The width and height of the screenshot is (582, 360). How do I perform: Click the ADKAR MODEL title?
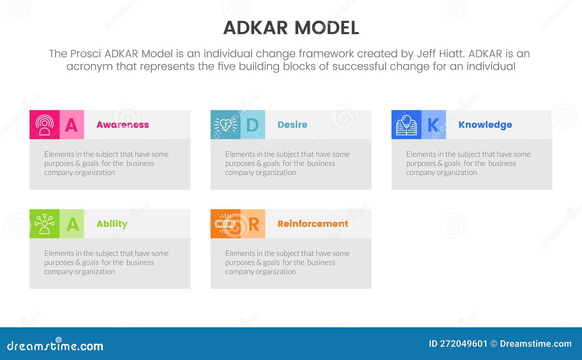(291, 28)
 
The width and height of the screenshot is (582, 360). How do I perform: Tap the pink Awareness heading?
(123, 125)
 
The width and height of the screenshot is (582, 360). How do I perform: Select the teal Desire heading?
(292, 125)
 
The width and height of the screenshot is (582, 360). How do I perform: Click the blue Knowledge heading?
(485, 125)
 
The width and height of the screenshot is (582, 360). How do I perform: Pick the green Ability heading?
(112, 224)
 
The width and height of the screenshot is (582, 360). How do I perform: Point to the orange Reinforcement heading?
(313, 224)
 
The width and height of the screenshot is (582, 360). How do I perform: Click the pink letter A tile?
(72, 125)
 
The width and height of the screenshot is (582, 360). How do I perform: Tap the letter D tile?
(252, 125)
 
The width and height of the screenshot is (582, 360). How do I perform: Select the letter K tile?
(434, 125)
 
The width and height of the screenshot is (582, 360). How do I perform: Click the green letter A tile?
(72, 224)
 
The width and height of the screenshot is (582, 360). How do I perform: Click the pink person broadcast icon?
(44, 125)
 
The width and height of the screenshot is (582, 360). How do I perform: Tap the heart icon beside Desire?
(226, 125)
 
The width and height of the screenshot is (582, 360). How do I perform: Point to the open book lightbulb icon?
(406, 125)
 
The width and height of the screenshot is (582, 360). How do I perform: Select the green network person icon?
(44, 224)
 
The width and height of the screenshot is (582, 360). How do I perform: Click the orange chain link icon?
(226, 224)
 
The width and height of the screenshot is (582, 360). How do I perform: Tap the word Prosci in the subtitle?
(85, 54)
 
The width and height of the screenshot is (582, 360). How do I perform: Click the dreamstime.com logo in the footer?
(55, 345)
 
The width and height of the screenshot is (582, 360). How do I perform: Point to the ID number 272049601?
(463, 344)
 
